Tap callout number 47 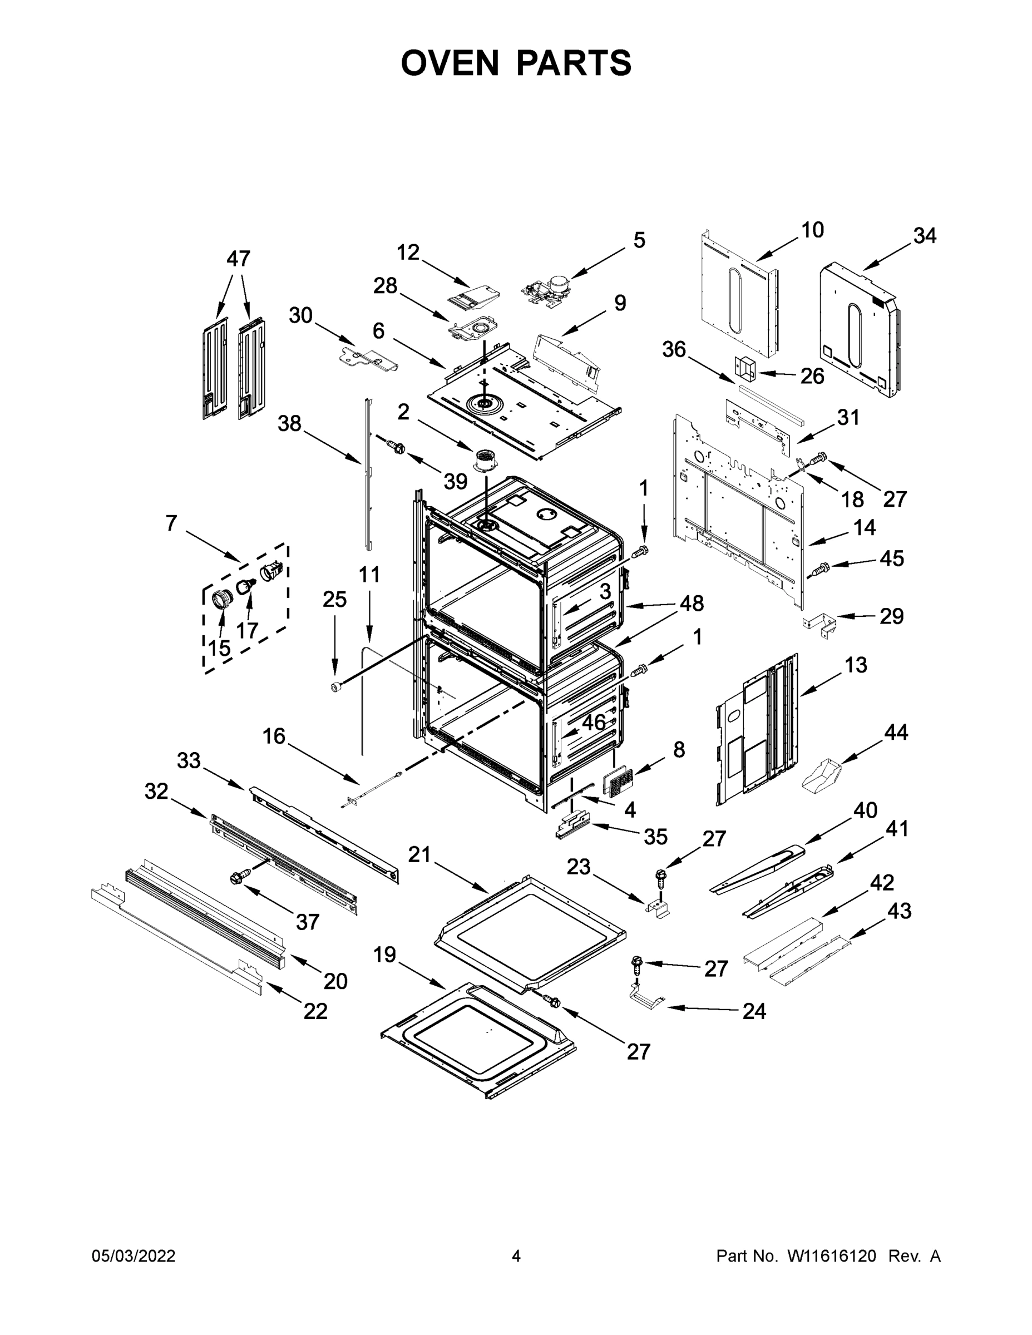tap(239, 259)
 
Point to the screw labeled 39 tap(396, 447)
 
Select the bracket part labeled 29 tap(819, 625)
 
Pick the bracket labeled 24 tap(645, 999)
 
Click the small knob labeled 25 tap(335, 688)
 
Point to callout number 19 tap(384, 954)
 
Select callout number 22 tap(315, 1012)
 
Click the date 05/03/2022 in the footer tap(134, 1256)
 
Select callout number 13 tap(856, 665)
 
